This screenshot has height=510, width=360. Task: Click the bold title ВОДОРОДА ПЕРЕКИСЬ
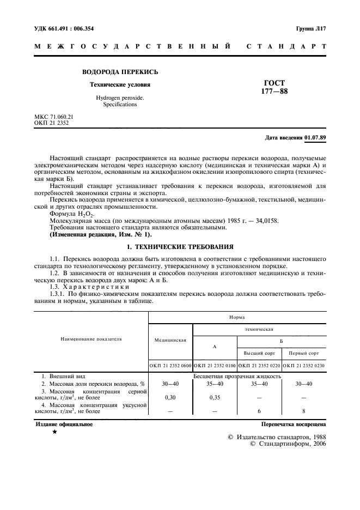[120, 72]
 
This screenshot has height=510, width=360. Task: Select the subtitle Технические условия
[120, 85]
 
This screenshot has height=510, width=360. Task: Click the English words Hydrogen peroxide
[120, 98]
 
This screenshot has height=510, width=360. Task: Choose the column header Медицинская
[170, 340]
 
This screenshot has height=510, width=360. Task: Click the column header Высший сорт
[259, 353]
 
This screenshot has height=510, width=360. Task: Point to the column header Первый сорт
[304, 353]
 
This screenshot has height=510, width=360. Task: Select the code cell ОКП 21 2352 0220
[259, 366]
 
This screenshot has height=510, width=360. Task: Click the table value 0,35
[215, 398]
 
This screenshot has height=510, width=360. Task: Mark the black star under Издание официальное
[54, 432]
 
